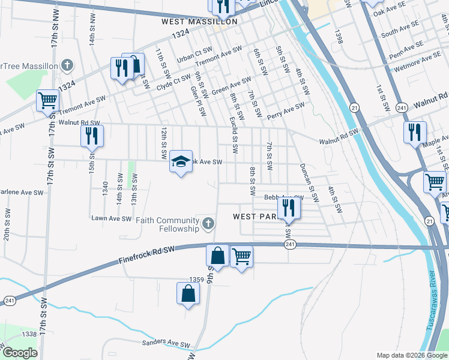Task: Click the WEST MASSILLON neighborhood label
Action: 200,22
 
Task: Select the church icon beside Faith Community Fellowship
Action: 208,224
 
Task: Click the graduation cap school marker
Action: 181,161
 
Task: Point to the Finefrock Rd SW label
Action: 146,253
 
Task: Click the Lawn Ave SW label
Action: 111,218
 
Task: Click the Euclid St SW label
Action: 233,134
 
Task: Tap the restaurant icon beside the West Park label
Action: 289,208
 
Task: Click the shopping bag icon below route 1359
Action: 188,293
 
